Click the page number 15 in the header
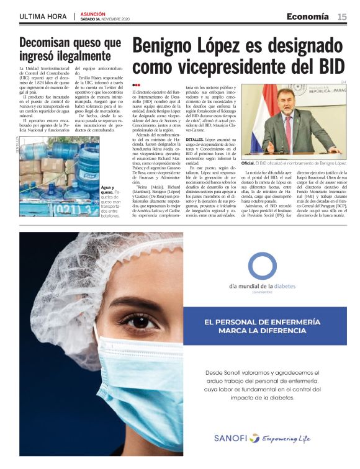coord(342,16)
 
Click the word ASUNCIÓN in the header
coord(93,13)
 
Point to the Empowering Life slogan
coord(286,438)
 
